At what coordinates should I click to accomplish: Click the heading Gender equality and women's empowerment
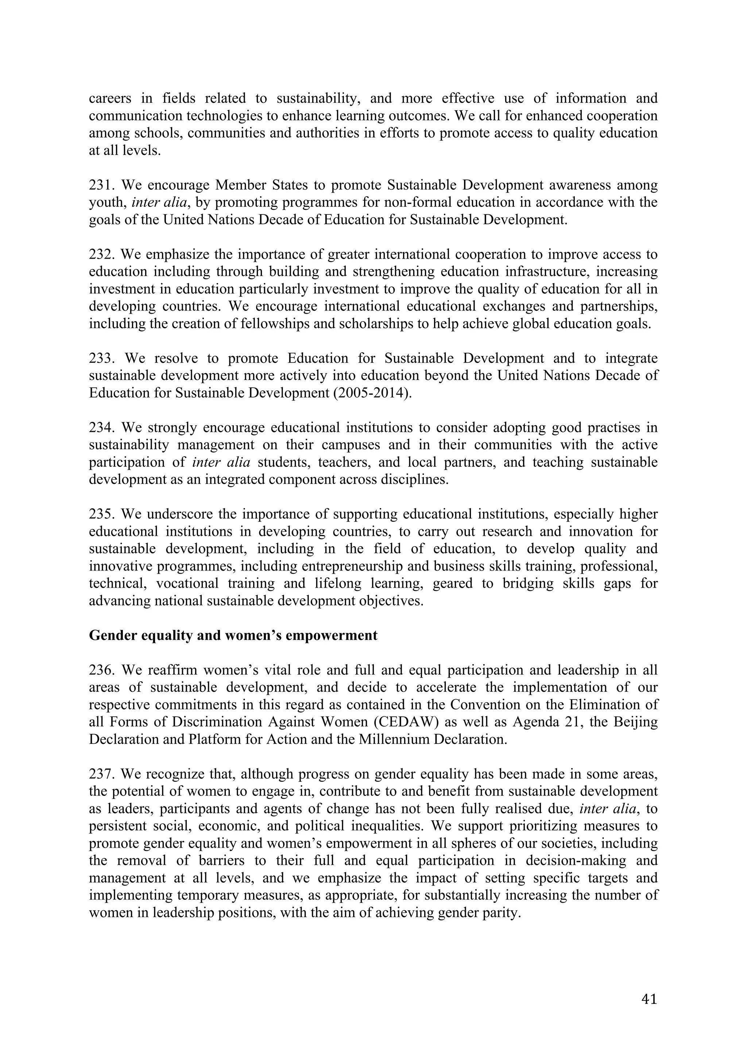pyautogui.click(x=233, y=635)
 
